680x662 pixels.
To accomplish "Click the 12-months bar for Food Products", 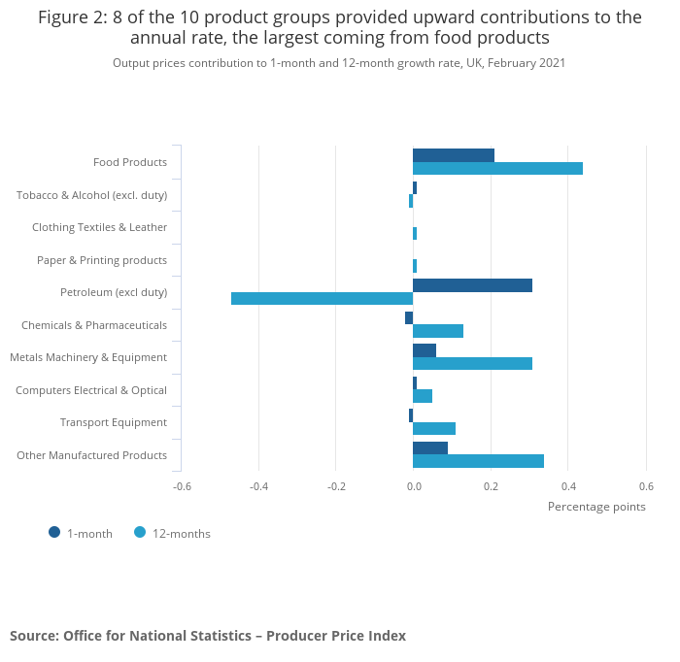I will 497,169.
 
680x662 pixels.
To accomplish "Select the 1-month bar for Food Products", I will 454,155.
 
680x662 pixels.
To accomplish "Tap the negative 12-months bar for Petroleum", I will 322,299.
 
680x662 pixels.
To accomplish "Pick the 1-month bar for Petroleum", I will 472,285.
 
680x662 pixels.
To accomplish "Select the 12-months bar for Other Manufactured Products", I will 478,461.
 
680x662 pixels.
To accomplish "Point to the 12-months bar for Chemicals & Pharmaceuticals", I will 438,331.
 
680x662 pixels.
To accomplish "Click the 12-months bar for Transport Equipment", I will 434,428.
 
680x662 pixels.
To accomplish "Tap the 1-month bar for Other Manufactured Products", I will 430,447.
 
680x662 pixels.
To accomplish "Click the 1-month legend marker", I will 54,532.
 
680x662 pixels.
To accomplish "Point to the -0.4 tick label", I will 258,486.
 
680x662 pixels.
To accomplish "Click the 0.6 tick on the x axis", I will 646,486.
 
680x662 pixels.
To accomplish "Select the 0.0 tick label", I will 413,486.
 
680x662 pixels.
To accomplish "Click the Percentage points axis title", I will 596,507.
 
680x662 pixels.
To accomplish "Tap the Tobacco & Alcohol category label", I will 91,195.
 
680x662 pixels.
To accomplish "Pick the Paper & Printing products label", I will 102,260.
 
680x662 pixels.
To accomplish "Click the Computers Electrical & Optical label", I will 91,390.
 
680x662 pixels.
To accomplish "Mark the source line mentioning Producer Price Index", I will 208,636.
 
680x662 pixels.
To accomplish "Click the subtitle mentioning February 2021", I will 339,63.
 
